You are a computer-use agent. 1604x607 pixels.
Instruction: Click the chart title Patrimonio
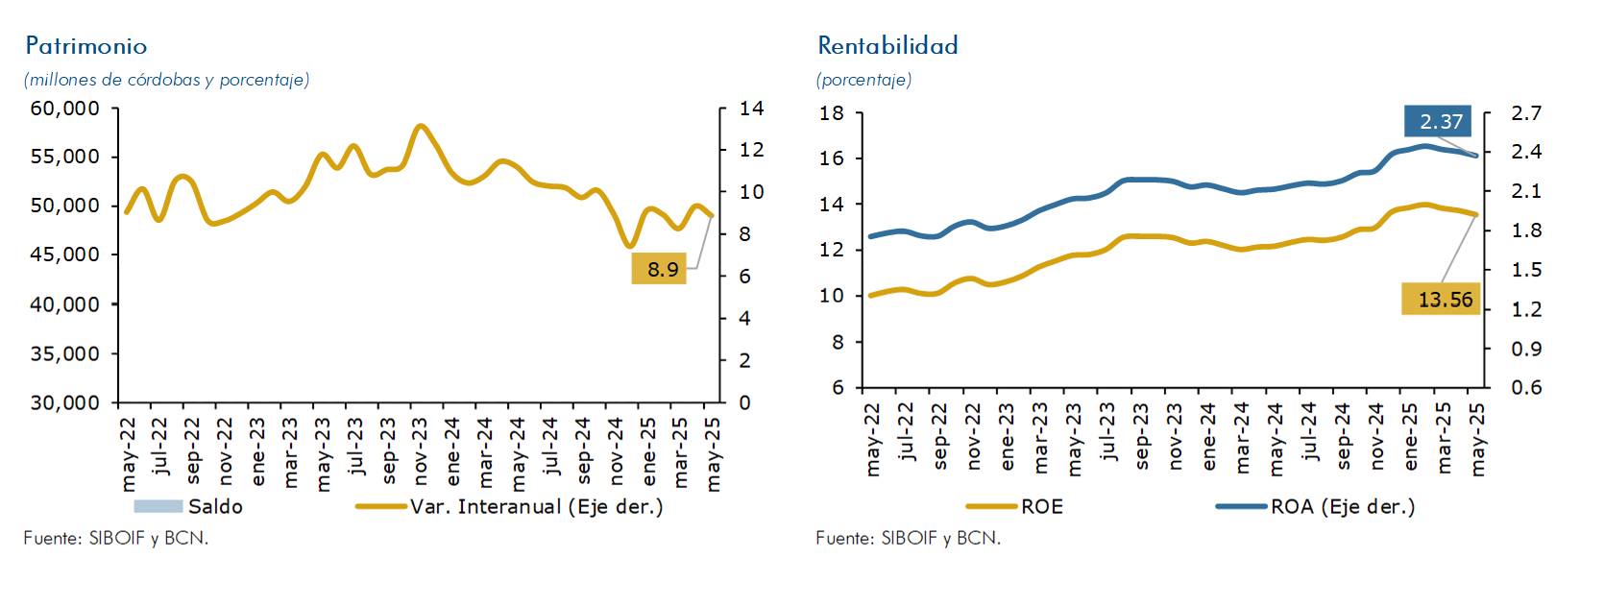click(x=86, y=46)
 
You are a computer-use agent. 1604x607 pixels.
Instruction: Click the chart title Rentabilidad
click(x=887, y=46)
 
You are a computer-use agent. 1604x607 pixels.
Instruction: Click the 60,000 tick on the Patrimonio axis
click(x=65, y=109)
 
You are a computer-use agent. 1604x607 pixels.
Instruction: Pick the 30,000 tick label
click(x=65, y=402)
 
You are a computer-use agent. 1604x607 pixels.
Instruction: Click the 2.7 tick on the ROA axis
click(x=1525, y=113)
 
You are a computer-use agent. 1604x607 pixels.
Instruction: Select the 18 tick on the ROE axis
click(x=832, y=113)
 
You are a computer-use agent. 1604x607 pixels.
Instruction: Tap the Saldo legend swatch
click(x=158, y=506)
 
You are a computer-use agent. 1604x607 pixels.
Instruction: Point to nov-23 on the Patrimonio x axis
click(x=421, y=451)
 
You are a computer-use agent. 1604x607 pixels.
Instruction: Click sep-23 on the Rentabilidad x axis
click(x=1141, y=437)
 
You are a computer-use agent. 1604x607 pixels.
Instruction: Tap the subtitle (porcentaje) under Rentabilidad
click(x=863, y=80)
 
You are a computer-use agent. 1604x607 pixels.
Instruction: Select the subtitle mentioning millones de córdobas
click(x=166, y=80)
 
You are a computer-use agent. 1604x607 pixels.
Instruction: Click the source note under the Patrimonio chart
click(x=115, y=538)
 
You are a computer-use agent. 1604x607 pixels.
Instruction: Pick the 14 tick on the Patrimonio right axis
click(x=751, y=109)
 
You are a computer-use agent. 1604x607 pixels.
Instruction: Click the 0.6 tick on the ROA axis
click(x=1525, y=387)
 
